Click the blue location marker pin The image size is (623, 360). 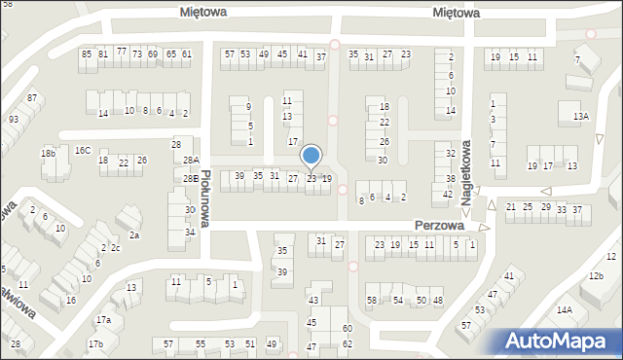click(x=311, y=156)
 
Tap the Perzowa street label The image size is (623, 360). click(x=438, y=225)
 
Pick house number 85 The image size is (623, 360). click(x=87, y=54)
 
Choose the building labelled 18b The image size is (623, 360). click(x=49, y=154)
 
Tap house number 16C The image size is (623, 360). click(x=84, y=151)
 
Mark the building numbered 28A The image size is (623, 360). click(x=191, y=161)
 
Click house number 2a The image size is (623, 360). click(x=134, y=235)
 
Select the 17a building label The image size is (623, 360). click(x=103, y=320)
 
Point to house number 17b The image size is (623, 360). click(x=95, y=344)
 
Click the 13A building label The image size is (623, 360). click(x=581, y=117)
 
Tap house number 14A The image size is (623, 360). click(x=564, y=310)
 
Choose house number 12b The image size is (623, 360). click(x=596, y=276)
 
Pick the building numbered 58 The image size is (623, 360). click(x=373, y=301)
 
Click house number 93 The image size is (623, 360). click(x=14, y=120)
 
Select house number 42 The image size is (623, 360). click(x=448, y=195)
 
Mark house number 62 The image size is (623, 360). click(x=348, y=344)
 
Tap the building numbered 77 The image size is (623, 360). click(x=122, y=51)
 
